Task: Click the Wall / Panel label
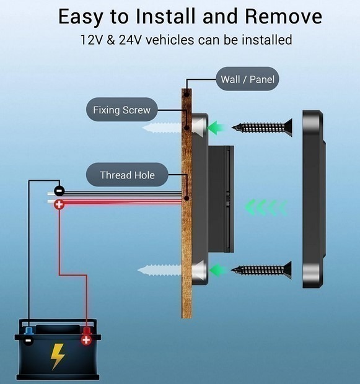coord(247,79)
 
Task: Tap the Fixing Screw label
coord(121,110)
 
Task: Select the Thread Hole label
coord(127,175)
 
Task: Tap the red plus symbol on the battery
coord(86,340)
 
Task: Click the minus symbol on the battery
coord(29,341)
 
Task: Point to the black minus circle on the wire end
coord(59,191)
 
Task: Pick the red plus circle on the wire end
coord(59,204)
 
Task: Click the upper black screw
coord(262,128)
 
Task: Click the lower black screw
coord(261,270)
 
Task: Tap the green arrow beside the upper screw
coord(216,128)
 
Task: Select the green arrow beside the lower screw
coord(217,270)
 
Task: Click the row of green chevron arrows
coord(266,207)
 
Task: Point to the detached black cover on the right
coord(314,199)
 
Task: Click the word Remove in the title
coord(284,16)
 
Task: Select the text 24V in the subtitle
coord(130,40)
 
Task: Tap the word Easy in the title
coord(81,17)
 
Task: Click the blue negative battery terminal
coord(29,331)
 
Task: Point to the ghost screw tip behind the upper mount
coord(162,128)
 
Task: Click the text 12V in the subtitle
coord(91,40)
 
